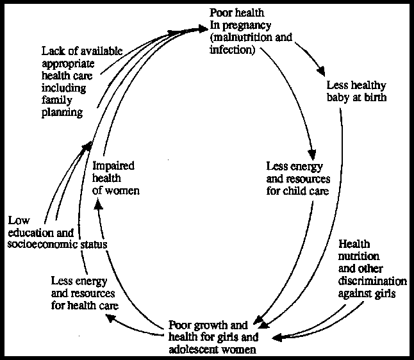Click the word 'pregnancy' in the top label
click(238, 26)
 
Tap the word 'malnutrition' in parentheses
click(243, 37)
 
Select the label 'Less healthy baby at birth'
click(356, 91)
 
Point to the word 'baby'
click(339, 97)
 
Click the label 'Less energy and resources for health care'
click(84, 292)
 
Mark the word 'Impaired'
click(113, 166)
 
